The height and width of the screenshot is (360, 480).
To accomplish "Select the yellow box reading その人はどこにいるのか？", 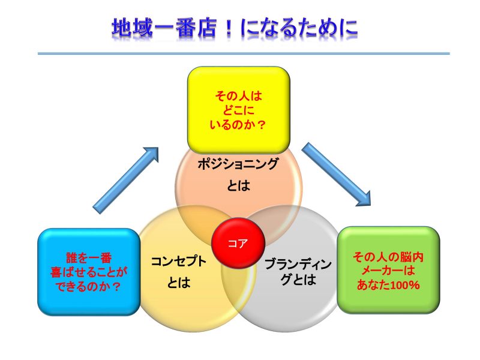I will (238, 109).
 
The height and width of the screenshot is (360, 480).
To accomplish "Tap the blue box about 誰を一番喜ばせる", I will (89, 272).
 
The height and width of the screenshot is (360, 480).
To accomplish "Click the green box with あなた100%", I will (388, 270).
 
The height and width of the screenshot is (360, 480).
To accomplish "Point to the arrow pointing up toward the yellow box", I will (127, 179).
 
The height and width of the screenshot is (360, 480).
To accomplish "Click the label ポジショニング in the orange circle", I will (238, 163).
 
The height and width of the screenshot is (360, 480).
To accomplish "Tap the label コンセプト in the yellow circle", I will (178, 262).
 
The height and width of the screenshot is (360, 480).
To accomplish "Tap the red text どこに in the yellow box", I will (238, 109).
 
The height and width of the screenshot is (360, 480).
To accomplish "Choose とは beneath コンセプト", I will (178, 283).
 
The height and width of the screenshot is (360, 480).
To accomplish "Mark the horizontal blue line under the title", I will (243, 53).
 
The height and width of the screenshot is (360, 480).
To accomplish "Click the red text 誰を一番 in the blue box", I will (89, 257).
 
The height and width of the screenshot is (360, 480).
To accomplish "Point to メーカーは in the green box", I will (388, 271).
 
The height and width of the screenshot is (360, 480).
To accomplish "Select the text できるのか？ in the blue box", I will (89, 287).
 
